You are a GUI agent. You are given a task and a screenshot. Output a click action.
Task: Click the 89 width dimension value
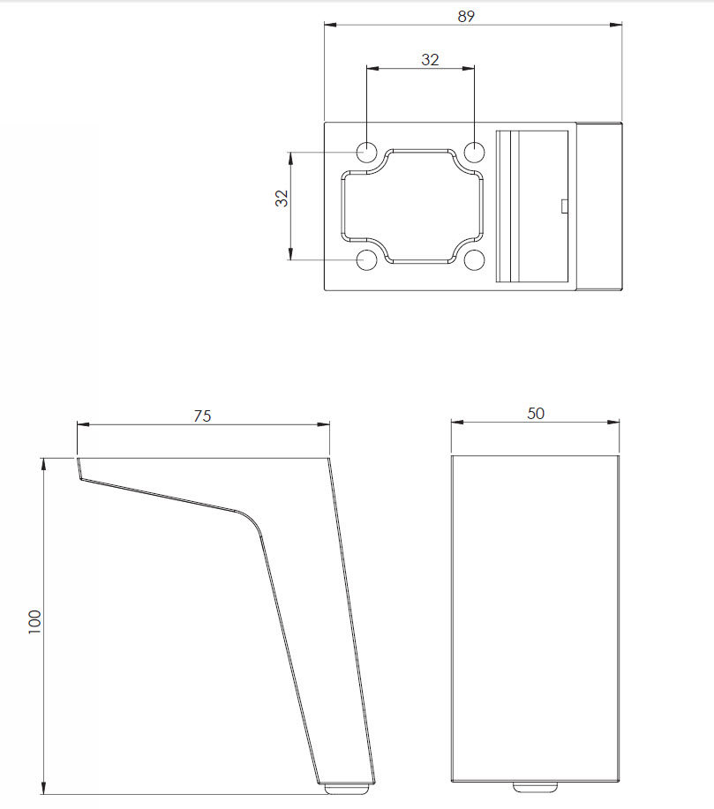[x=467, y=15]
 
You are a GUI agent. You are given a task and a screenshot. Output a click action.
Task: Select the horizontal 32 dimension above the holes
[x=430, y=59]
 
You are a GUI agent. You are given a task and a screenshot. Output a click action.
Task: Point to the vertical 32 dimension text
[x=282, y=199]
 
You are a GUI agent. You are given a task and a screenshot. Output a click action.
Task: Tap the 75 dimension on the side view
[x=202, y=416]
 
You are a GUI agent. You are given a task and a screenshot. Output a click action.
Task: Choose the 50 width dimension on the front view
[x=536, y=413]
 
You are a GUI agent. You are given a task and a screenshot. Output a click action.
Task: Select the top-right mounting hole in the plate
[x=475, y=151]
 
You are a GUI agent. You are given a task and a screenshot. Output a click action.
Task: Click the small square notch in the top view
[x=564, y=206]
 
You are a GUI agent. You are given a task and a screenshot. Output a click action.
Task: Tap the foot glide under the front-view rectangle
[x=536, y=784]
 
